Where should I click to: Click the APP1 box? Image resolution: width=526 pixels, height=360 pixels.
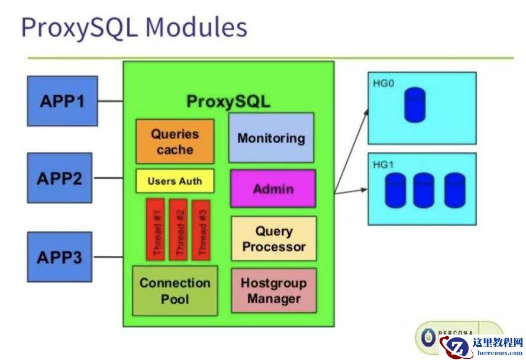coord(62,101)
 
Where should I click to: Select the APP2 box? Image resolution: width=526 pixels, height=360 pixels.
coord(59,178)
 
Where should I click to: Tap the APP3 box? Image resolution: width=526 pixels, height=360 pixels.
coord(59,257)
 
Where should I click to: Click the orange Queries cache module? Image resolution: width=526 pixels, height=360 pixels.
coord(175,142)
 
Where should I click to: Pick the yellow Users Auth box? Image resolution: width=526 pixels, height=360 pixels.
coord(175,181)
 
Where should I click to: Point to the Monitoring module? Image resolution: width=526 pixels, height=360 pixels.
coord(271,138)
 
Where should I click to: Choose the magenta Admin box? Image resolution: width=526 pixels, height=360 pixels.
coord(273,189)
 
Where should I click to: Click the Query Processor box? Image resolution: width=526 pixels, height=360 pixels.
coord(273,239)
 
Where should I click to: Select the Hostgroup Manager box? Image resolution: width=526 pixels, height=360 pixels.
coord(273,290)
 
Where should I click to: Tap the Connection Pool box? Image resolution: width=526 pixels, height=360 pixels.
coord(175,291)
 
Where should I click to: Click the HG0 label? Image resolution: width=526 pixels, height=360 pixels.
coord(383,83)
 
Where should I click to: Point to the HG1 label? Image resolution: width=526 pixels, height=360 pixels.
coord(383,165)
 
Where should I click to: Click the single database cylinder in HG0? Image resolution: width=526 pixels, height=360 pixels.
coord(415,105)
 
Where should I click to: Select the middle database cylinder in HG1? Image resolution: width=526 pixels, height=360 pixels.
coord(423,190)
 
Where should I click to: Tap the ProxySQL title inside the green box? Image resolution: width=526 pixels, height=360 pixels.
coord(228,101)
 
